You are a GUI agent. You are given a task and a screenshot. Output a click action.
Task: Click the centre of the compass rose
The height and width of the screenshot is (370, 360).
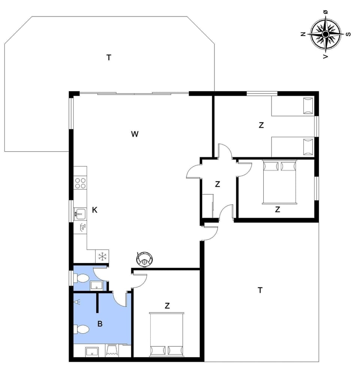[325, 34]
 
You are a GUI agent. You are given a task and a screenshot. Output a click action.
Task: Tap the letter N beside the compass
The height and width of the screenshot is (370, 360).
[303, 34]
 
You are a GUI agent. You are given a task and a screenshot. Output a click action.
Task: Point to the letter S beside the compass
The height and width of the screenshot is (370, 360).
[348, 34]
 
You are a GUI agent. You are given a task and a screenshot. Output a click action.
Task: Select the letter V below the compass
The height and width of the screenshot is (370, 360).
[325, 56]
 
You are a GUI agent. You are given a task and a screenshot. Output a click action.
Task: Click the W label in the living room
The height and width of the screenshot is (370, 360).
[135, 134]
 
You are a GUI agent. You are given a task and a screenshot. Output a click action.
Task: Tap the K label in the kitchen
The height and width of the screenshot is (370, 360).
[94, 210]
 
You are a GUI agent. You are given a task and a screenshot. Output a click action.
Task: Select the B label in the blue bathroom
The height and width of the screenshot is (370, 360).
[100, 324]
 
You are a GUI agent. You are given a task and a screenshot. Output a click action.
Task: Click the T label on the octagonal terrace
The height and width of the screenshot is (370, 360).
[109, 57]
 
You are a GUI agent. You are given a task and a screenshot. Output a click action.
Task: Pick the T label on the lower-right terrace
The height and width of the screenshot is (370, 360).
[260, 290]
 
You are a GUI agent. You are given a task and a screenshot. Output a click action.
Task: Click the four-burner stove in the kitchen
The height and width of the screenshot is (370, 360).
[80, 183]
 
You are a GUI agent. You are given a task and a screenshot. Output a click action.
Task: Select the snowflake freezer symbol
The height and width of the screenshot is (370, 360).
[102, 257]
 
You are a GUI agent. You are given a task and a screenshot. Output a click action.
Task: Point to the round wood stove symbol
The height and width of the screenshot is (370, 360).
[144, 259]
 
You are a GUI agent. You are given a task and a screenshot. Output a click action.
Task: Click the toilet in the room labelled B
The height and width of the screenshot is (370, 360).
[82, 329]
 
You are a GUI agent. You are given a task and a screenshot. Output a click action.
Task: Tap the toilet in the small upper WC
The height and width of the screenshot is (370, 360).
[82, 278]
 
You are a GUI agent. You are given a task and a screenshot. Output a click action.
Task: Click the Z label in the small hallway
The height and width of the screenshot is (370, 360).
[217, 184]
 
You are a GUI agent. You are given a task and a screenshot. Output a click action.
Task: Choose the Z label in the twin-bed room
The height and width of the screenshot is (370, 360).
[261, 125]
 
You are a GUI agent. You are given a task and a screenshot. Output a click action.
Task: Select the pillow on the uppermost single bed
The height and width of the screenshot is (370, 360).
[308, 105]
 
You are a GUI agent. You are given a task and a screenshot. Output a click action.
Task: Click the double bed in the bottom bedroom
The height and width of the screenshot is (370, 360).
[167, 334]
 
